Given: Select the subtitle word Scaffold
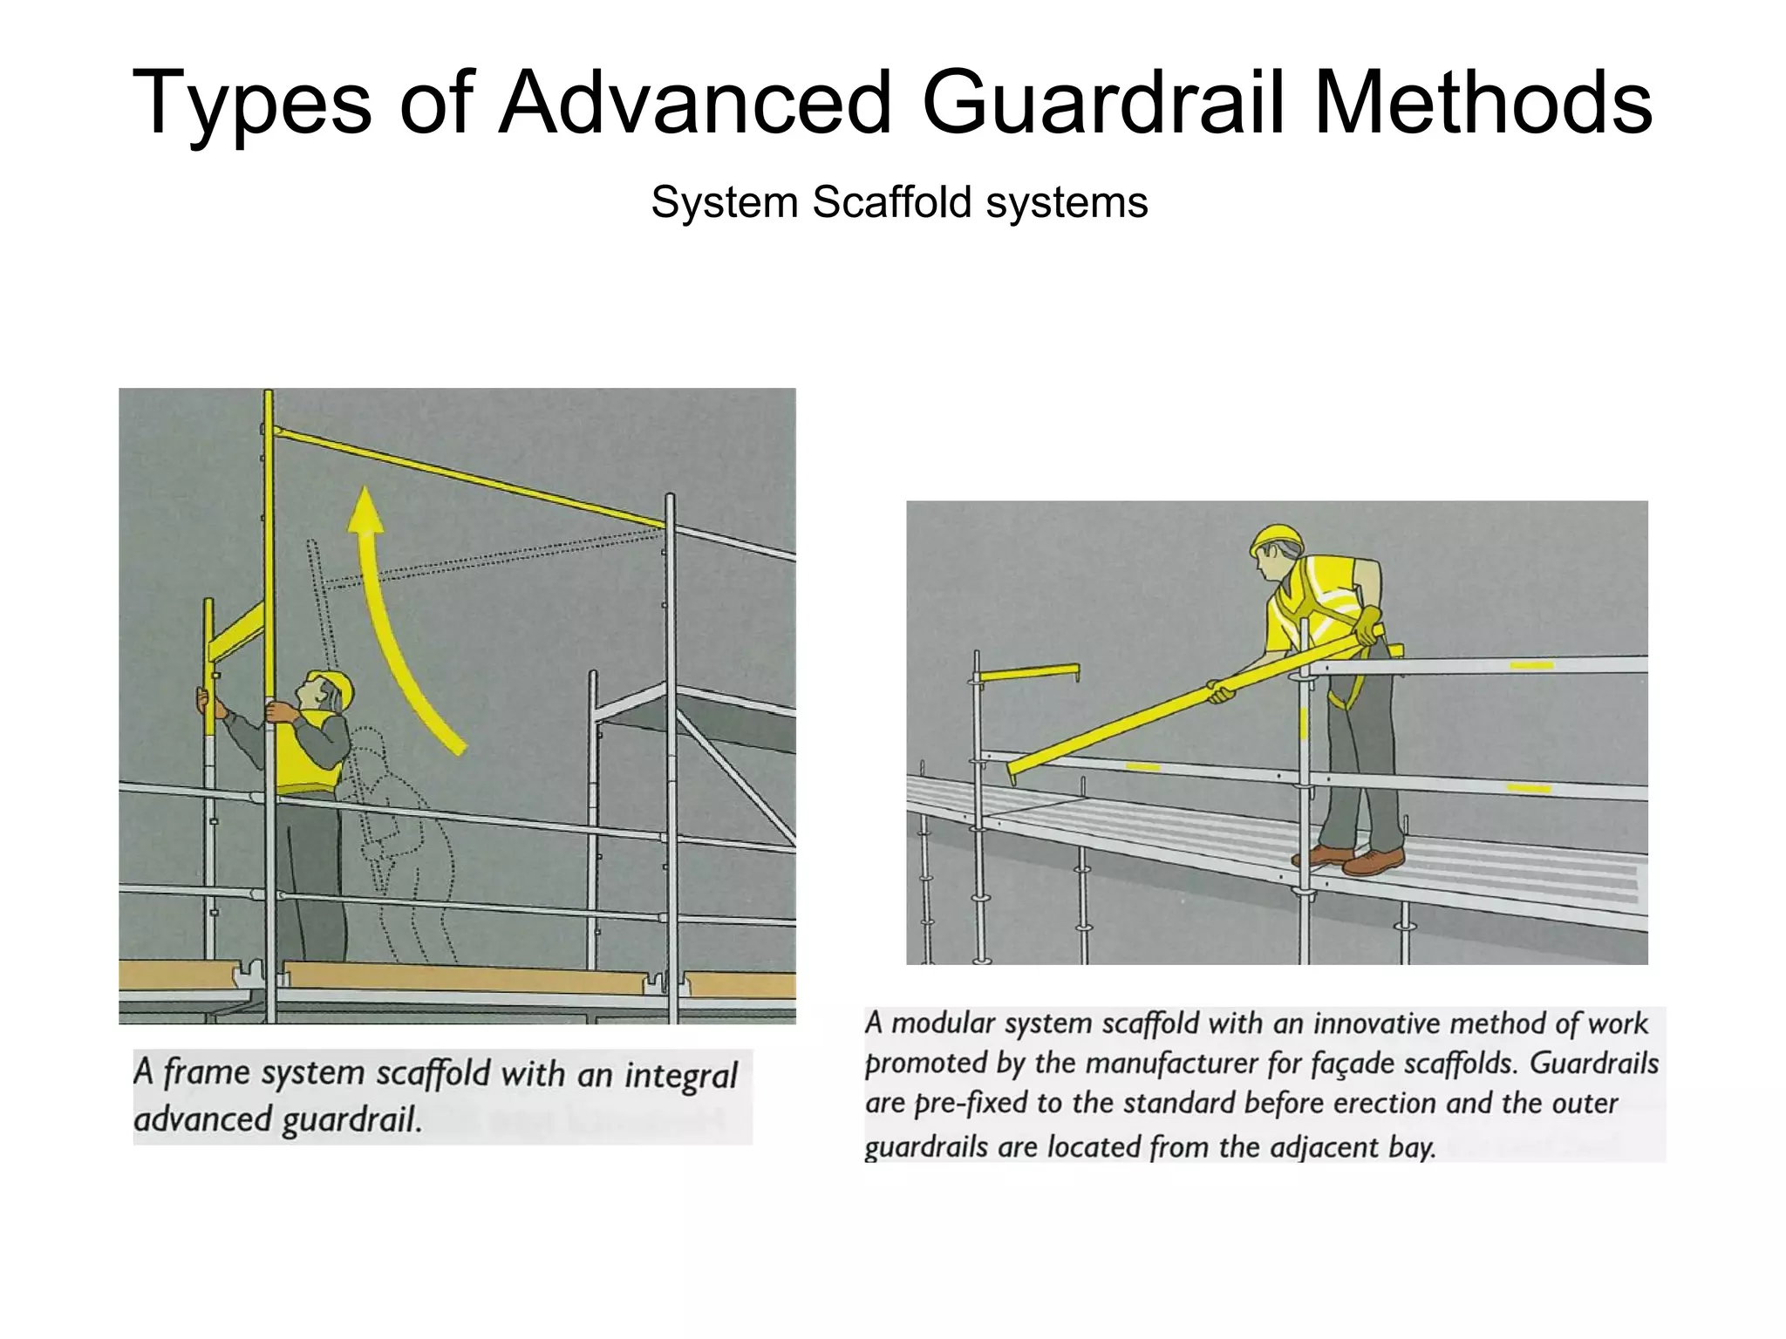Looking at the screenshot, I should click(x=891, y=202).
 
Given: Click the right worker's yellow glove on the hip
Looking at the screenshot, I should click(x=1369, y=623).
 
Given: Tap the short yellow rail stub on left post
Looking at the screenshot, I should click(x=1027, y=673).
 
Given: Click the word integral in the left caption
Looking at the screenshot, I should click(x=680, y=1074).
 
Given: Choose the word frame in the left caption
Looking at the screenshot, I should click(x=208, y=1071).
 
